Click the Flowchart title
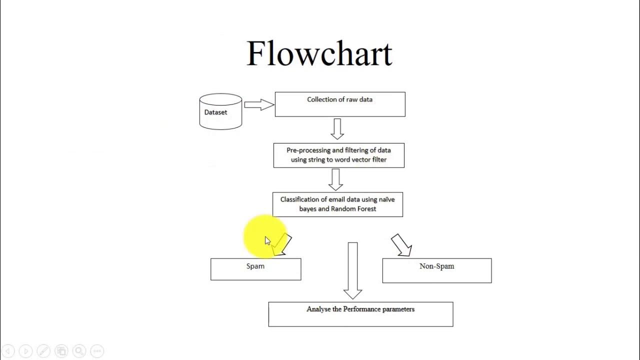[319, 53]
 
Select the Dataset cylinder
[220, 111]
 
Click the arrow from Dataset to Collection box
[259, 104]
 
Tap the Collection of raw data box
[340, 104]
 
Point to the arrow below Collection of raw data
[337, 129]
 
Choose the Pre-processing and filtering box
[339, 155]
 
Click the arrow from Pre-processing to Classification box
[335, 179]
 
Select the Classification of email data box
[337, 204]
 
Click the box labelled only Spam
[255, 269]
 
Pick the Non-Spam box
[437, 270]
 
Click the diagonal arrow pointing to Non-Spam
[401, 245]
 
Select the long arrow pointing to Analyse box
[352, 270]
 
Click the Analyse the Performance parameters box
[360, 314]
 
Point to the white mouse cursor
[267, 241]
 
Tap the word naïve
[387, 199]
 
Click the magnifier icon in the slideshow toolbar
[79, 351]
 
